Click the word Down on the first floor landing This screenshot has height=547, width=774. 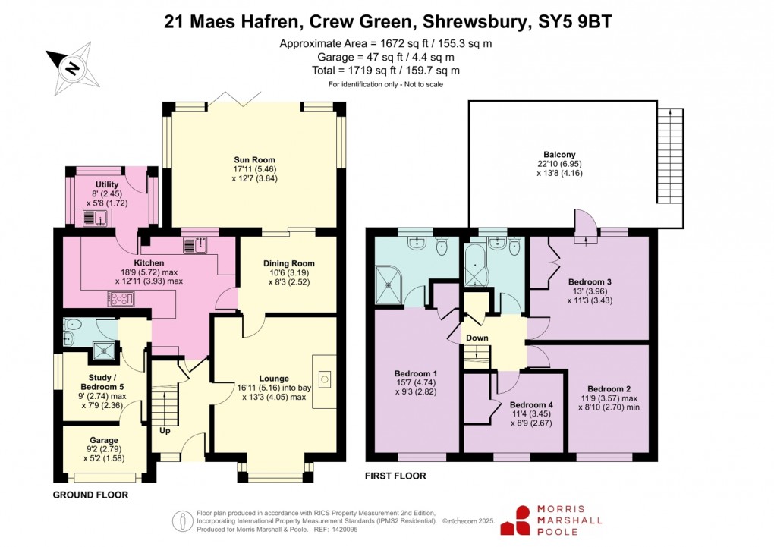(x=477, y=338)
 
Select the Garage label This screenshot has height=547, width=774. (x=104, y=440)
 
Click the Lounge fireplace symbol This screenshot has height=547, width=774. (x=325, y=377)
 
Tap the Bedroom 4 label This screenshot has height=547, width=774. (x=530, y=404)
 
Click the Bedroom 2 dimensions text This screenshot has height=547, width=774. (x=609, y=401)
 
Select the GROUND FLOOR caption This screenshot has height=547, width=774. (x=90, y=495)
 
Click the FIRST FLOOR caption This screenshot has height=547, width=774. (x=395, y=476)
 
